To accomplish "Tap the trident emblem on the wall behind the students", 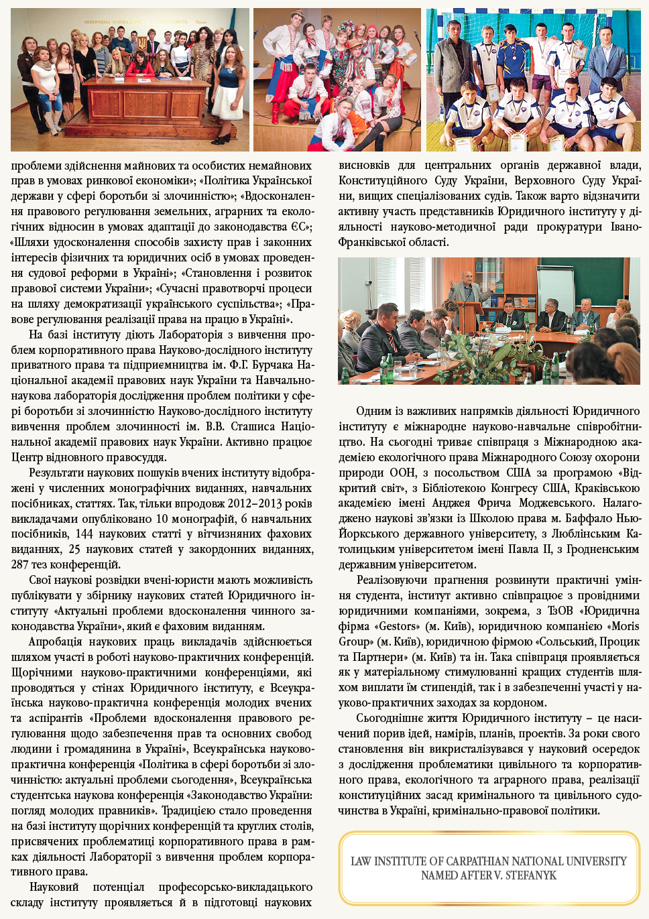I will (141, 44).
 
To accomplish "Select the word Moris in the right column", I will (625, 626).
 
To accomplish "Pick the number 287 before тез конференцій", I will (21, 564).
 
